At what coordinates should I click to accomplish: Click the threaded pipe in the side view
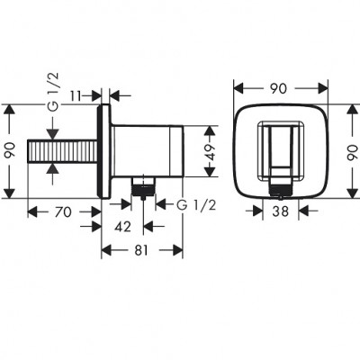(67, 150)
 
